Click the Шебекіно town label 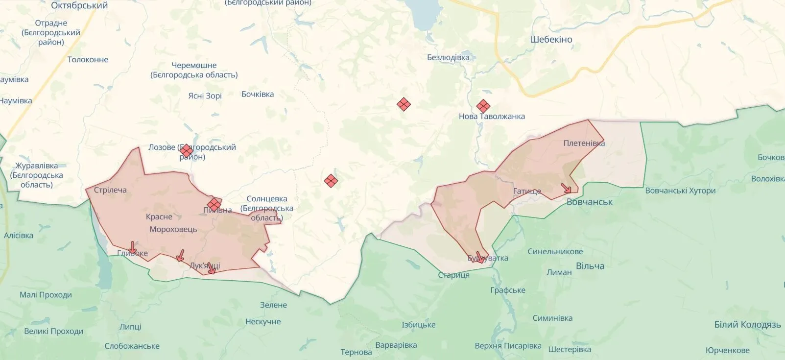coord(551,40)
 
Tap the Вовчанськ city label coord(589,202)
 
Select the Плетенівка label coord(584,144)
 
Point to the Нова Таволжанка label coord(492,117)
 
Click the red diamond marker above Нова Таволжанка coord(483,106)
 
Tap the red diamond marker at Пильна coord(214,204)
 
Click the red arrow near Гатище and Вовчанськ coord(566,188)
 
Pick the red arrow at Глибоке coord(132,247)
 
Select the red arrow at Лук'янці coord(212,268)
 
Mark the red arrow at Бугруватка coord(479,257)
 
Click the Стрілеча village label coord(110,190)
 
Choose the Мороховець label coord(173,230)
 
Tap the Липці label coord(130,327)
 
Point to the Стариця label coord(453,275)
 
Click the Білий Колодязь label coord(747,325)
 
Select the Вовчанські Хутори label coord(680,191)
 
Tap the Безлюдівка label coord(448,57)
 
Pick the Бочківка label coord(258,94)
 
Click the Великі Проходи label coord(54,331)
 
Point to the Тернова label coord(356,352)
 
